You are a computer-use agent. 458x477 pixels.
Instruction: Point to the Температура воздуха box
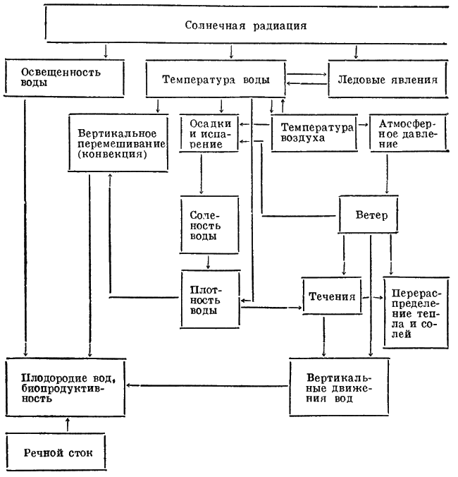click(314, 133)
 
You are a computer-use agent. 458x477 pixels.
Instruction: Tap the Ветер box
click(372, 215)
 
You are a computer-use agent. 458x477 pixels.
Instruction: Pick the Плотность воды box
click(206, 300)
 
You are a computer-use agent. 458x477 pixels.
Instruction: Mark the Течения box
click(331, 296)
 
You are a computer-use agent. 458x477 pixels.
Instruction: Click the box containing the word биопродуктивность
click(70, 385)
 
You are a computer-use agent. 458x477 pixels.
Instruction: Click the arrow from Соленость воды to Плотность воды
click(207, 260)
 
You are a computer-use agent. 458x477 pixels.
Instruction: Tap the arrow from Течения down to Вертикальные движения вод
click(323, 338)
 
